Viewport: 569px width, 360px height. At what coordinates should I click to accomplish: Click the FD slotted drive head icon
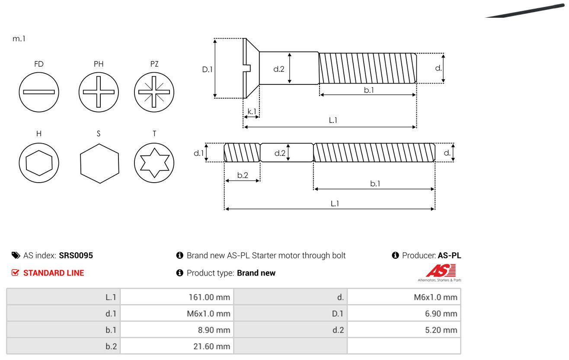click(x=39, y=92)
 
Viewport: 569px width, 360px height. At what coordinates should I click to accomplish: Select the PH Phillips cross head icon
click(x=99, y=92)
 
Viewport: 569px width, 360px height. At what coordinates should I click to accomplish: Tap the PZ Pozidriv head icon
click(x=154, y=92)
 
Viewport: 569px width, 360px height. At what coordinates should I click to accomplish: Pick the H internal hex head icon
click(x=39, y=162)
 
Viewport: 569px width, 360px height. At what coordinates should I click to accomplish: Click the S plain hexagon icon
click(x=99, y=162)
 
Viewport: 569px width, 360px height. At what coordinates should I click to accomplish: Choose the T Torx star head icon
click(x=154, y=162)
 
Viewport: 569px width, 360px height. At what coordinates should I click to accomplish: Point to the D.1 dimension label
click(x=208, y=68)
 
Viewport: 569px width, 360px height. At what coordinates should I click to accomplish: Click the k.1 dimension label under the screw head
click(x=252, y=112)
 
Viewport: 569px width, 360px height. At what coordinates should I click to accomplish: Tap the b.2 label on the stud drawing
click(x=243, y=175)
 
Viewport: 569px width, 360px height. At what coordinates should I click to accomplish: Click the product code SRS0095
click(x=76, y=255)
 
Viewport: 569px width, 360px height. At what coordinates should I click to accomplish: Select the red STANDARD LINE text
click(x=54, y=273)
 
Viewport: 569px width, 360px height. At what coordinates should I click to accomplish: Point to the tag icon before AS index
click(x=16, y=255)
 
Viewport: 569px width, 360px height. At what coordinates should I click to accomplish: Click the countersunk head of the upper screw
click(x=250, y=68)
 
